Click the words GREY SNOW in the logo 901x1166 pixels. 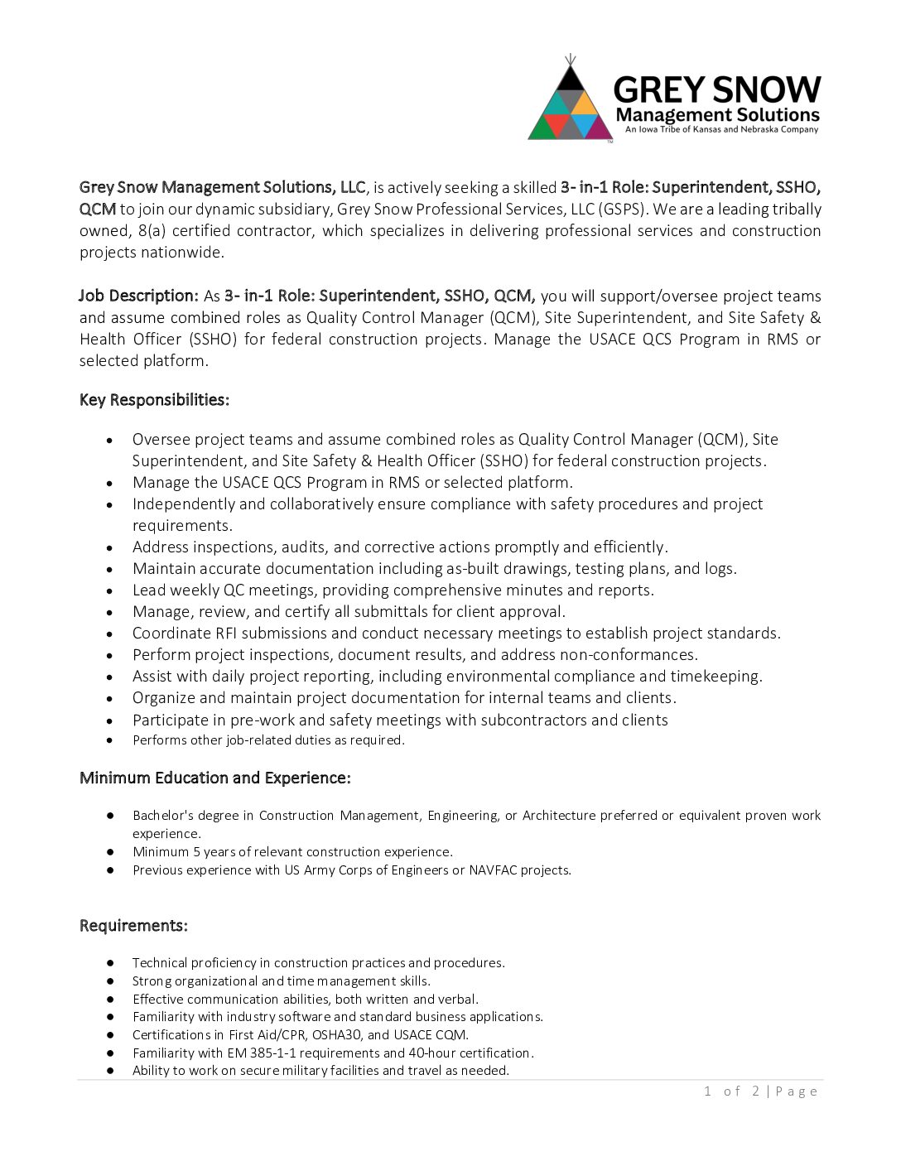point(717,89)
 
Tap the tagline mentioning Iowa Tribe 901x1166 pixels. point(721,129)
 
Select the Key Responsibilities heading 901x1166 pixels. point(154,400)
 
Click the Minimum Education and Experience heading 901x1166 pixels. point(215,778)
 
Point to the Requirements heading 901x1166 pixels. point(133,925)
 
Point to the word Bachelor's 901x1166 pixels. point(163,816)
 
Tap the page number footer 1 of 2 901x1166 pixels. point(732,1091)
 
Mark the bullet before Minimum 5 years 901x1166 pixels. point(110,852)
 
